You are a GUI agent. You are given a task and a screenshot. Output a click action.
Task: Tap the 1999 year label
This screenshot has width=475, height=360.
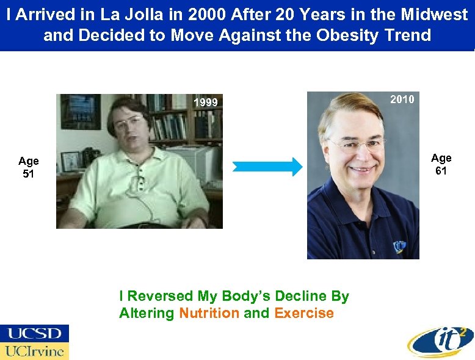click(x=205, y=103)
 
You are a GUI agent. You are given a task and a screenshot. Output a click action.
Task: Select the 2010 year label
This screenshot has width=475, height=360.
click(x=402, y=99)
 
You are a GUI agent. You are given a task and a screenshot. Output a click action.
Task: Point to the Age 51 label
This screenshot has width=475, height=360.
click(x=29, y=167)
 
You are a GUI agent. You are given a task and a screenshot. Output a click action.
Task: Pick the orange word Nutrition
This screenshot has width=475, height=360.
click(x=209, y=314)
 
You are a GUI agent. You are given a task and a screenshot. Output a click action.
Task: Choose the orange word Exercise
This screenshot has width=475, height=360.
click(x=304, y=314)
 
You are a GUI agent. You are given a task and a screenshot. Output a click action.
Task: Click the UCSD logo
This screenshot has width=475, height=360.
click(x=34, y=334)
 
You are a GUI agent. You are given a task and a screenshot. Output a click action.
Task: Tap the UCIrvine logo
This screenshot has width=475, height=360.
click(x=34, y=351)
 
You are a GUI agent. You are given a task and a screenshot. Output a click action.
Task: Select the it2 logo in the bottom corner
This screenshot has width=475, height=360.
click(x=440, y=340)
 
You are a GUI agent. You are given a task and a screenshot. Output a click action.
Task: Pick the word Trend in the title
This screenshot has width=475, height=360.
click(x=408, y=35)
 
